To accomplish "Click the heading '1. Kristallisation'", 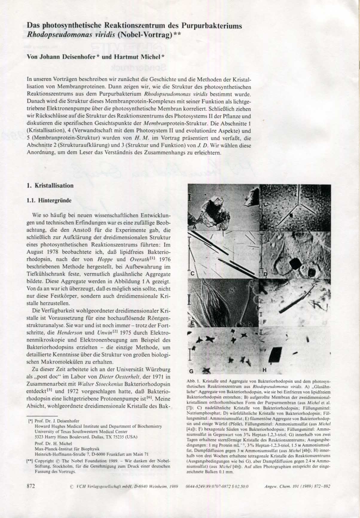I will click(50, 186).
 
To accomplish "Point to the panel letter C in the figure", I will click(193, 273).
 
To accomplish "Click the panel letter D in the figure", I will click(265, 275).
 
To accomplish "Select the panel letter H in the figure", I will click(264, 370).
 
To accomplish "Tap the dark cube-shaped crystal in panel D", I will click(295, 264).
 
